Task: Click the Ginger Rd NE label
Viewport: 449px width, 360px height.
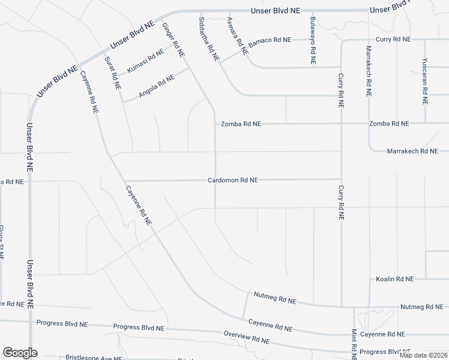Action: tap(173, 40)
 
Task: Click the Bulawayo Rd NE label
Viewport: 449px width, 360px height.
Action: tap(313, 41)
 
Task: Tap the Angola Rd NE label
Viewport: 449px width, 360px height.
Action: tap(156, 86)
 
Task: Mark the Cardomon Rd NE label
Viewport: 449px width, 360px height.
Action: tap(233, 179)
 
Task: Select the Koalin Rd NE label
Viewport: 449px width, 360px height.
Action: tap(394, 279)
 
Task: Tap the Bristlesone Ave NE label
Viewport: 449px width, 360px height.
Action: tap(94, 358)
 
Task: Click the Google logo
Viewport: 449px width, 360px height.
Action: tap(20, 352)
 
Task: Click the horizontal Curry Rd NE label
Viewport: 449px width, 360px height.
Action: tap(393, 40)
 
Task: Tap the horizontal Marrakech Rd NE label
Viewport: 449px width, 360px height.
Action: tap(412, 151)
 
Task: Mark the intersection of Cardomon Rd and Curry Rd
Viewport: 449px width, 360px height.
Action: tap(341, 179)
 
